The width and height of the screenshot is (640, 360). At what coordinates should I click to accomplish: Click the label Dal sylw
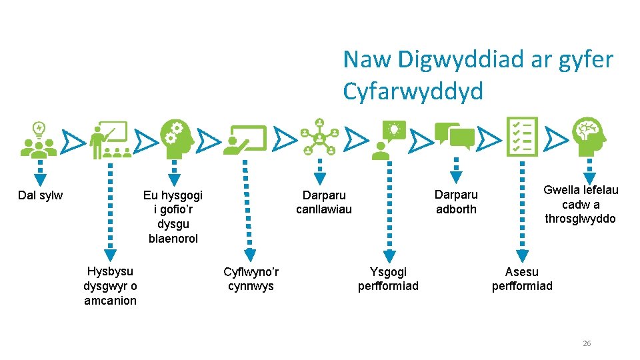point(41,195)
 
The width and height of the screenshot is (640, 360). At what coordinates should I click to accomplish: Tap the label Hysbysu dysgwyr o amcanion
point(110,285)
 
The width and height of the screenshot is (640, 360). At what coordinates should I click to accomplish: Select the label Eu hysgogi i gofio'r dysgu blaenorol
point(173,217)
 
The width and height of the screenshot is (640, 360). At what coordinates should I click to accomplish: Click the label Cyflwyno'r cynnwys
point(251,279)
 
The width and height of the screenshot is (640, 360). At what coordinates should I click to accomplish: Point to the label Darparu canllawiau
point(324,202)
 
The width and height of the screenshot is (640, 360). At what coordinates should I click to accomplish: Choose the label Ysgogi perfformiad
point(388,279)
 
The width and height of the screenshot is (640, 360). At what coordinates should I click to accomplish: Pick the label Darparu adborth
point(456,202)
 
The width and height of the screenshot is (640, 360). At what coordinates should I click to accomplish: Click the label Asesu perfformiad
point(522,279)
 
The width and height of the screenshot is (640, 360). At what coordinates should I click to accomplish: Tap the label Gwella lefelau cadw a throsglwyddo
point(581,204)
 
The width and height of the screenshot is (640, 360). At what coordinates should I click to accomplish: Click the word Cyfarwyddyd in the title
point(413,92)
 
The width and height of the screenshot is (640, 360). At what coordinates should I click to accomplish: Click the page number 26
point(587,343)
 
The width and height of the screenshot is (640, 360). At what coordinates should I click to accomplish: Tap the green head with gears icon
point(177,138)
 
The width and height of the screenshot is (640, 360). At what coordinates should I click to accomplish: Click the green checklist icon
point(522,137)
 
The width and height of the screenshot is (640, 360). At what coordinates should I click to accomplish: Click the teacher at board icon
point(108,140)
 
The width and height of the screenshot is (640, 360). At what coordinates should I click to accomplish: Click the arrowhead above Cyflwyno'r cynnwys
point(249,253)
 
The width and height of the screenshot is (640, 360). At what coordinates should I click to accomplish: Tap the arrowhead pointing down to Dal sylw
point(41,179)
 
